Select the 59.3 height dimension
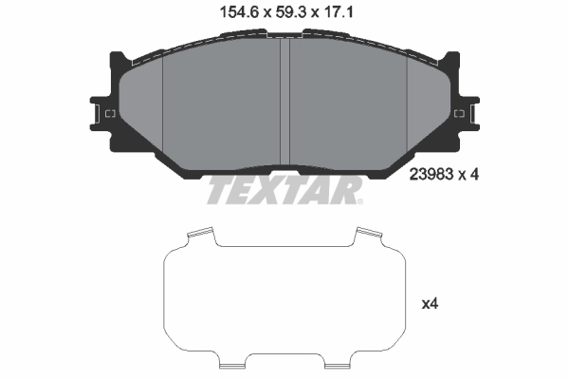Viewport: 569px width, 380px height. (x=281, y=13)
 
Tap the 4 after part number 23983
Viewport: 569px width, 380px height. (x=471, y=174)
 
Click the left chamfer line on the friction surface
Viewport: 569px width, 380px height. (x=163, y=104)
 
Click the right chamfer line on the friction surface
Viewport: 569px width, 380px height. (x=406, y=104)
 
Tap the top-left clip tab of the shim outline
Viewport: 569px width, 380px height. (x=201, y=234)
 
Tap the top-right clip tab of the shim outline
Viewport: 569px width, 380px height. (x=368, y=234)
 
